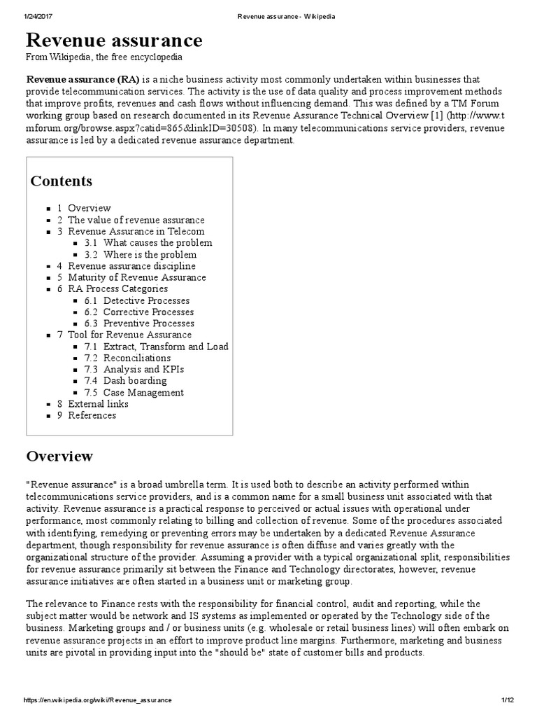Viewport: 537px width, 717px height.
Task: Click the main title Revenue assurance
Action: click(x=115, y=39)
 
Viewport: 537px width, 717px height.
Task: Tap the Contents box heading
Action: click(x=62, y=181)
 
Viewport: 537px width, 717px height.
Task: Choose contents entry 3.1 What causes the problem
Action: click(x=157, y=243)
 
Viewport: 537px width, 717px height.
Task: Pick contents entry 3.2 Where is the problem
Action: click(x=150, y=254)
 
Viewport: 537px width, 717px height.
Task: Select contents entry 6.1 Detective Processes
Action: click(x=146, y=300)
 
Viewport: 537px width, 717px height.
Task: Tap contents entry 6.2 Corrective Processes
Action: click(x=148, y=312)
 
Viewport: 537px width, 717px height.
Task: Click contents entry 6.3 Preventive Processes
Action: click(x=148, y=323)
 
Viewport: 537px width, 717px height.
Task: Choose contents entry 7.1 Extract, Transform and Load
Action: click(x=166, y=347)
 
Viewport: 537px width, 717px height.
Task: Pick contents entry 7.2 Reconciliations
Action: click(x=136, y=358)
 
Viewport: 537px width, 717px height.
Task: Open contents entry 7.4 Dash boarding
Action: click(x=135, y=381)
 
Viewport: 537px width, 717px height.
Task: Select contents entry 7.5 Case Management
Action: click(x=143, y=393)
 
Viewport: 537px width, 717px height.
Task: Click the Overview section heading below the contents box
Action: click(x=59, y=457)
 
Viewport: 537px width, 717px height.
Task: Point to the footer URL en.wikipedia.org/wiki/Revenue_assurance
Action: click(x=97, y=700)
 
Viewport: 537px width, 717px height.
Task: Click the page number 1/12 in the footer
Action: click(x=508, y=700)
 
